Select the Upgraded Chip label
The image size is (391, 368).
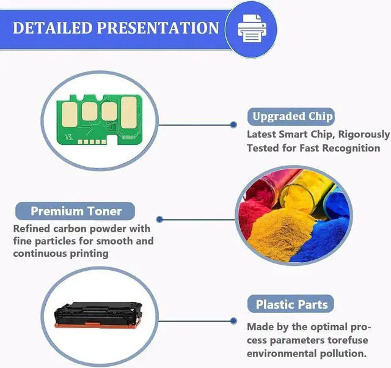(293, 116)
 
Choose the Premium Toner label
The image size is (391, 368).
(76, 212)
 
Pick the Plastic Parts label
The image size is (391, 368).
(291, 304)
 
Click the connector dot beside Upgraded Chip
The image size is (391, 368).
(233, 124)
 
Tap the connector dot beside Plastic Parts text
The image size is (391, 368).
(233, 320)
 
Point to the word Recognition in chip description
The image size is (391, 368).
(349, 148)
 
